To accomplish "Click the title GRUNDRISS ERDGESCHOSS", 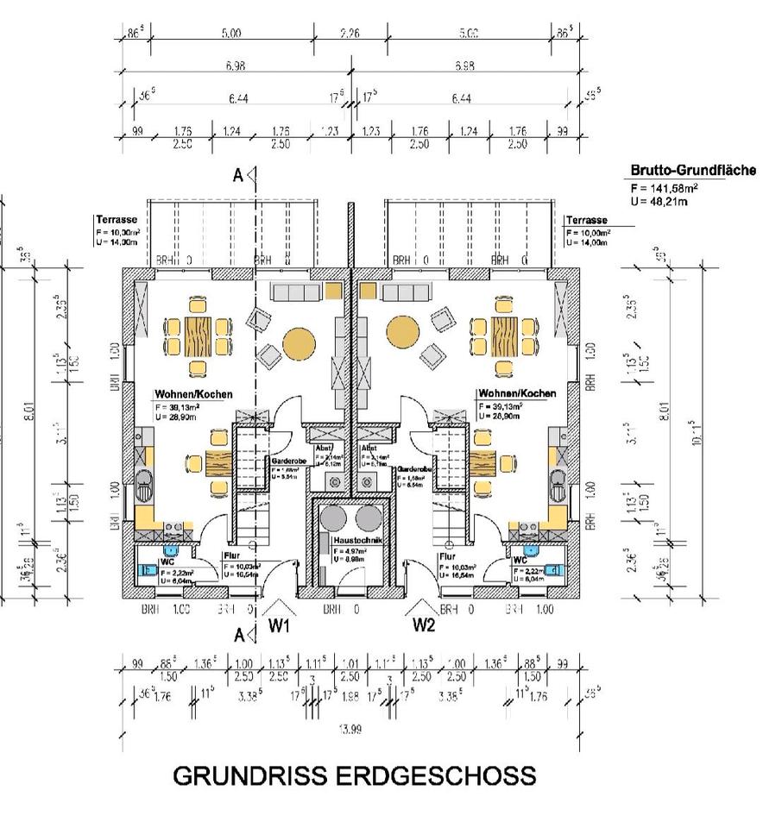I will pos(354,775).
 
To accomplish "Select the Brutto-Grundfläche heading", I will pos(692,171).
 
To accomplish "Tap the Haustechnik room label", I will pos(350,540).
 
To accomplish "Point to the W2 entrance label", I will pos(425,624).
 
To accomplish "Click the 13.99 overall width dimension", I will pos(350,730).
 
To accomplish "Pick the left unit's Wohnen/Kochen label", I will pos(193,393).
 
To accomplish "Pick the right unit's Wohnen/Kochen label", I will pos(517,393).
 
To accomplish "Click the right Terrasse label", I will pos(586,221).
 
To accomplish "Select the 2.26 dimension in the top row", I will pos(350,34).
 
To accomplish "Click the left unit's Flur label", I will pos(231,556).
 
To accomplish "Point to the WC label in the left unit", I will pos(167,561).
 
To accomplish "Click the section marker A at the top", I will pos(237,176).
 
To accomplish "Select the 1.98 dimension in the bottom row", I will pos(350,696).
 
